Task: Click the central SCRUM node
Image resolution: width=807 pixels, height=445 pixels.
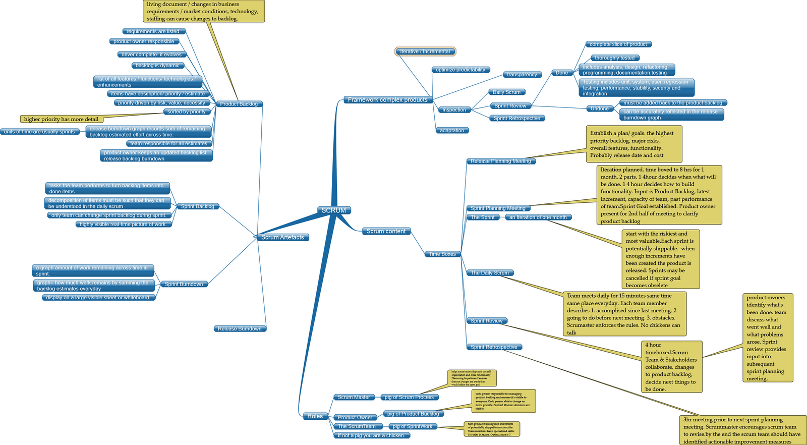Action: point(334,210)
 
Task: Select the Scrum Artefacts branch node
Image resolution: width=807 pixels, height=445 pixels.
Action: point(282,237)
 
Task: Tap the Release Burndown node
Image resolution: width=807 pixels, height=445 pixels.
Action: point(240,329)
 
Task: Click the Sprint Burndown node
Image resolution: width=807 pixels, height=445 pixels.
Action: point(184,284)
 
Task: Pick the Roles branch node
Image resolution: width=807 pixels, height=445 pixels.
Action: point(315,416)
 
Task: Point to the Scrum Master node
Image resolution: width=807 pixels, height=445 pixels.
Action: point(354,397)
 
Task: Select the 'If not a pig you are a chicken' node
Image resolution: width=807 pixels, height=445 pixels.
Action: point(371,435)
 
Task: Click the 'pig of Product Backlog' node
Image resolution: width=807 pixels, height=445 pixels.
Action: point(413,414)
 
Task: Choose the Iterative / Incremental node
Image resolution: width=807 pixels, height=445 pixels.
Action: point(425,51)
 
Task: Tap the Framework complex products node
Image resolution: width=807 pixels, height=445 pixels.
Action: point(387,100)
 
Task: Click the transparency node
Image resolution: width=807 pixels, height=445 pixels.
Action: point(522,75)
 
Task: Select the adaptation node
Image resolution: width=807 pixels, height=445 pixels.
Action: point(452,130)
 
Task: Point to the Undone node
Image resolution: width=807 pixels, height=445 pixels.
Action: point(600,108)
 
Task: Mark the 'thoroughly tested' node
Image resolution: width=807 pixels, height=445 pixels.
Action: point(614,58)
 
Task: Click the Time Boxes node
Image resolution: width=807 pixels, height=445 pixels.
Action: point(442,254)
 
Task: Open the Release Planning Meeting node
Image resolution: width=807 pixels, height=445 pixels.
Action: point(501,161)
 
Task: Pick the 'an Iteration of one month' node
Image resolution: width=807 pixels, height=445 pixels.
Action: point(538,217)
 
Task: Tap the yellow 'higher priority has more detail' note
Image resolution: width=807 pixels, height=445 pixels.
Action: point(61,120)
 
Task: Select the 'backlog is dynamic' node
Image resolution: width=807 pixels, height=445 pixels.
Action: point(157,66)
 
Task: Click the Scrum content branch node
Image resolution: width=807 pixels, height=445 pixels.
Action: point(386,231)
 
